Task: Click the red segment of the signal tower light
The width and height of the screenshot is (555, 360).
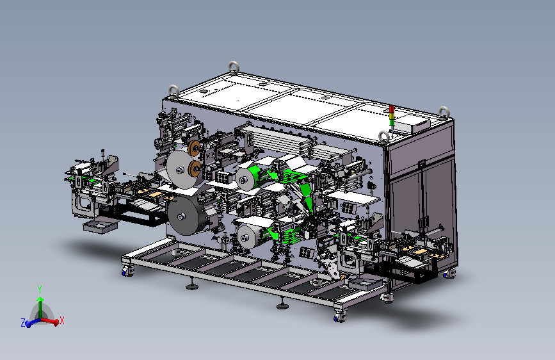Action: pyautogui.click(x=392, y=109)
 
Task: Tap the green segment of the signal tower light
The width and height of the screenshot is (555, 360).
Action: pyautogui.click(x=392, y=122)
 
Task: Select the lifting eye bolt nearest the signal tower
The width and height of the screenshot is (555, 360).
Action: pyautogui.click(x=384, y=136)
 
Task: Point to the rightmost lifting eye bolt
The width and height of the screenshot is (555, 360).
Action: pyautogui.click(x=444, y=113)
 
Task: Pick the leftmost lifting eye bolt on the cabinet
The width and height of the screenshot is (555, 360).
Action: pyautogui.click(x=173, y=92)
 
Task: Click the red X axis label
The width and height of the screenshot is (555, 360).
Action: pyautogui.click(x=62, y=320)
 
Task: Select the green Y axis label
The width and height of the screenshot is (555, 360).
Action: pyautogui.click(x=40, y=290)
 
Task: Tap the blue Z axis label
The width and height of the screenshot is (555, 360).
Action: pyautogui.click(x=23, y=322)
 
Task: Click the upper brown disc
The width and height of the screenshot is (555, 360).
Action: pyautogui.click(x=194, y=148)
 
